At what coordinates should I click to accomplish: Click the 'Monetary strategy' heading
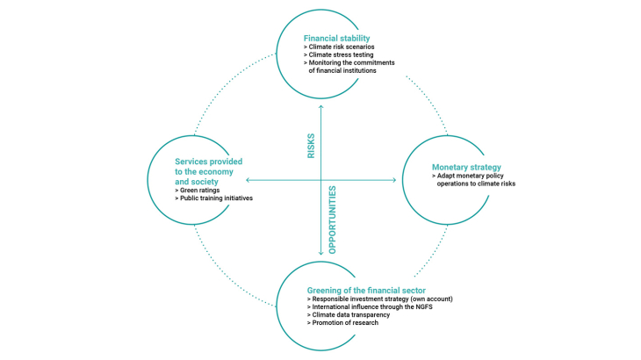[x=466, y=167]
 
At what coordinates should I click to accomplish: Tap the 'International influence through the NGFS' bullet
[x=372, y=307]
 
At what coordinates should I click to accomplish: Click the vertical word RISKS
[x=311, y=147]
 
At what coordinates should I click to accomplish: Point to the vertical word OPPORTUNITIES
[x=332, y=219]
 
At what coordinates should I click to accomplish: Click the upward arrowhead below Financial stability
[x=320, y=106]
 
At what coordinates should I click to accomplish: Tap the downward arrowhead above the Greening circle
[x=320, y=254]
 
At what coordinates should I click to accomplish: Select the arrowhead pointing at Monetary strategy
[x=394, y=180]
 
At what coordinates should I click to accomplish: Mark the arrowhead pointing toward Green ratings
[x=248, y=180]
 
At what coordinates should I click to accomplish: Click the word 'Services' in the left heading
[x=192, y=162]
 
